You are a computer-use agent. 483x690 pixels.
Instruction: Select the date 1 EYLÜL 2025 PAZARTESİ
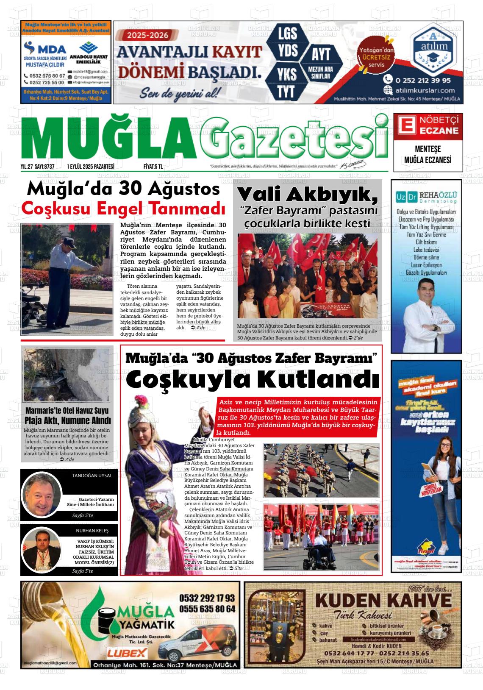click(x=91, y=167)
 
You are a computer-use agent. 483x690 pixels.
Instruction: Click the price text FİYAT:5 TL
click(x=153, y=167)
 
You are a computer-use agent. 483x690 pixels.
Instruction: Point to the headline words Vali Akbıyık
click(x=307, y=195)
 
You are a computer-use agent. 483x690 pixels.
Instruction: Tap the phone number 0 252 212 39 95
click(x=423, y=80)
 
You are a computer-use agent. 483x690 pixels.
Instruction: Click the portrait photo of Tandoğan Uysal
click(x=42, y=494)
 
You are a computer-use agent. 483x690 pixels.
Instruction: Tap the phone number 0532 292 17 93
click(x=207, y=598)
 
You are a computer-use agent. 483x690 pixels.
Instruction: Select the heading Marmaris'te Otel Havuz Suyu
click(x=67, y=410)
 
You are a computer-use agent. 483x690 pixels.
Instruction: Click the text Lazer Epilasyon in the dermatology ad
click(x=427, y=265)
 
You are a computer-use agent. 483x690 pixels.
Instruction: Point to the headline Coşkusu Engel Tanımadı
click(x=123, y=209)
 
